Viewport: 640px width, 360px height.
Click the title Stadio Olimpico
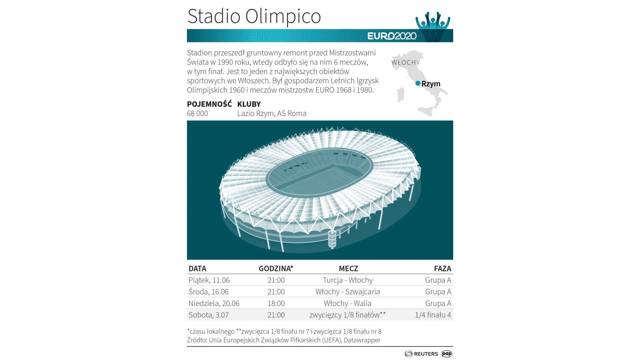(x=254, y=16)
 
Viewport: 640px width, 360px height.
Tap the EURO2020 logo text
(x=392, y=36)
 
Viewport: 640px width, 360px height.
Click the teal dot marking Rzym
(x=418, y=83)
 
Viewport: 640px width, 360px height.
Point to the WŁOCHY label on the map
(x=406, y=62)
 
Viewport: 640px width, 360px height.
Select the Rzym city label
(x=431, y=84)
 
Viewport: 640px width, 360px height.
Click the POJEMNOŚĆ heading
(x=209, y=104)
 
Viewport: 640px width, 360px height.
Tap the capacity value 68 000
(x=197, y=113)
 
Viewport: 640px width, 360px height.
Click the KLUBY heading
(x=249, y=104)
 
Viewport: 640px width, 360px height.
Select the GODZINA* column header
(x=276, y=269)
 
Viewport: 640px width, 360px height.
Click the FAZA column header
(x=442, y=269)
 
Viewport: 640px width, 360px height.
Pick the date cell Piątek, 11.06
(x=209, y=280)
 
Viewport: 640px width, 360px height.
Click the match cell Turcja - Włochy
(x=348, y=280)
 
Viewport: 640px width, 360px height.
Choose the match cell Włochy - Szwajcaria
(x=348, y=292)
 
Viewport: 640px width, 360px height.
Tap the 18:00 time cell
(x=276, y=303)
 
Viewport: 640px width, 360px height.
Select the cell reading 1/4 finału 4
(x=433, y=315)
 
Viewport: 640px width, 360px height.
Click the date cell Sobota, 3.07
(x=209, y=315)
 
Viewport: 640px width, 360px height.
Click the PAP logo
(x=447, y=354)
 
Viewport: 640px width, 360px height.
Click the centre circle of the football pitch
(x=323, y=185)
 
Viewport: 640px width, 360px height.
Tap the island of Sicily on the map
(x=426, y=111)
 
